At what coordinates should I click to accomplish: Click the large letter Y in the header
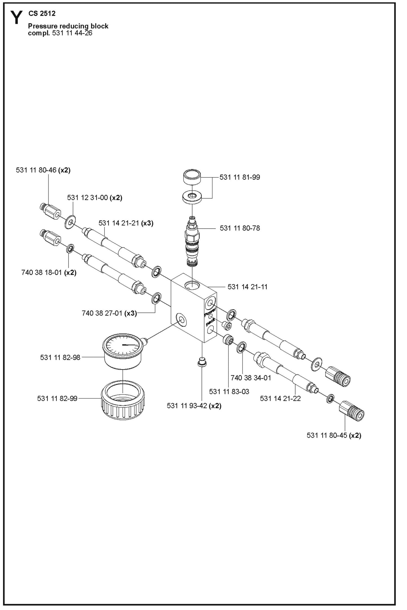point(16,17)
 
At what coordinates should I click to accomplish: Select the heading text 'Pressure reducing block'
point(68,26)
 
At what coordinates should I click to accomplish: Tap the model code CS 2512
point(42,13)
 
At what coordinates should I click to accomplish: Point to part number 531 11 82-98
point(60,357)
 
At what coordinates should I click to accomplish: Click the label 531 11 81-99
point(239,177)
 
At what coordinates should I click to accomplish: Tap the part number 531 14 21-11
point(247,287)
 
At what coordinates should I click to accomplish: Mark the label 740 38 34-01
point(251,378)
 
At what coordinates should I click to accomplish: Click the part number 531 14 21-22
point(280,398)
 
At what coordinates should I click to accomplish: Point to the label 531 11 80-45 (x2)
point(333,435)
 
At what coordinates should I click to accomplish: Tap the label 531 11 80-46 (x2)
point(43,170)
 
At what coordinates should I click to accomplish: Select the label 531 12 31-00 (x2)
point(94,198)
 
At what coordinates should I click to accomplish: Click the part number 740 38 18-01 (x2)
point(49,272)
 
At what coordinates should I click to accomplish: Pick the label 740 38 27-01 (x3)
point(109,313)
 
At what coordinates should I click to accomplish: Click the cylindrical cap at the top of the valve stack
point(192,177)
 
